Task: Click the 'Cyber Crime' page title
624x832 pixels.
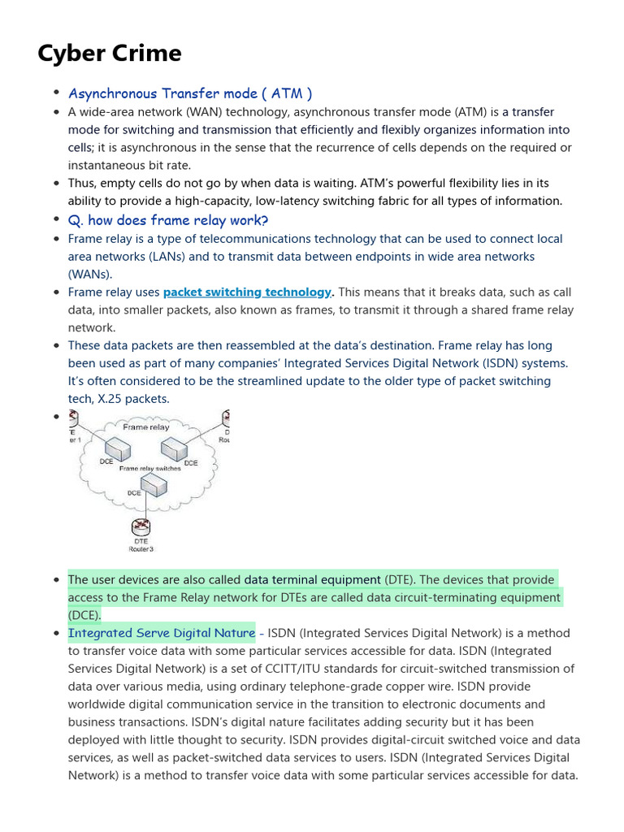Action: [110, 54]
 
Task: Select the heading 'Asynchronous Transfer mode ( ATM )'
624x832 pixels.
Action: [190, 93]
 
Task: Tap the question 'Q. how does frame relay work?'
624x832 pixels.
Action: [168, 220]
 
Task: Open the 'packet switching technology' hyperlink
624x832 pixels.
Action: [248, 292]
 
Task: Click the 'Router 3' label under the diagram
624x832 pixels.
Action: [141, 549]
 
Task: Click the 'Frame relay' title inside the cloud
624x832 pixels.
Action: [146, 427]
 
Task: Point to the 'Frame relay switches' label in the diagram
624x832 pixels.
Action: [150, 469]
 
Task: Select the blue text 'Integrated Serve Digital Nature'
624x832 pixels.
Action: [162, 633]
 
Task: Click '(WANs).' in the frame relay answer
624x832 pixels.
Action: [90, 275]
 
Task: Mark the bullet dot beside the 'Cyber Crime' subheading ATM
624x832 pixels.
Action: [56, 93]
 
